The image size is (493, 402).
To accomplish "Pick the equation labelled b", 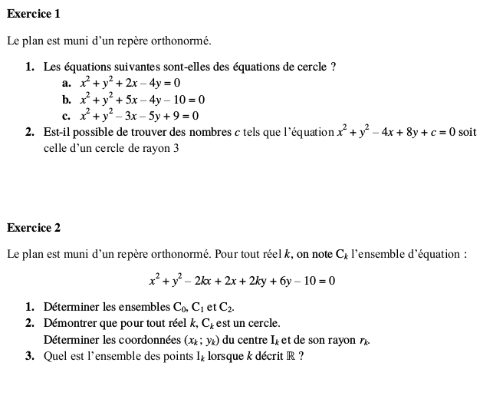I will point(143,100).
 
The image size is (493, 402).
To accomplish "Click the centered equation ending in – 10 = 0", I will point(242,281).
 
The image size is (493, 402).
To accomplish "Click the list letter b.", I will point(67,100).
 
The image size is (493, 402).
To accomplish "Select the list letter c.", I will point(67,116).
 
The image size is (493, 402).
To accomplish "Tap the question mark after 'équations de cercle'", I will point(333,68).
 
